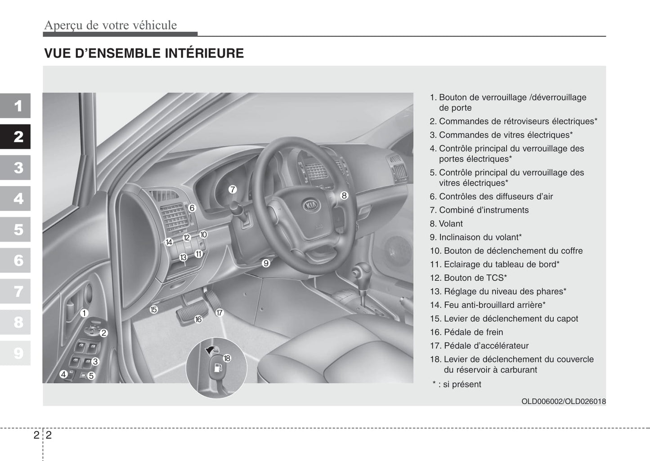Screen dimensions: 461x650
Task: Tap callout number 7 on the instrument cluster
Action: click(x=232, y=190)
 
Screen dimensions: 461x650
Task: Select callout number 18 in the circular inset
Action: click(x=227, y=358)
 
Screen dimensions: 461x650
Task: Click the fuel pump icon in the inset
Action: click(x=217, y=368)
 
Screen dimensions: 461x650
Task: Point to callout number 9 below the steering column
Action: click(x=266, y=263)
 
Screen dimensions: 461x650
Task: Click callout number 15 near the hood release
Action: click(x=154, y=310)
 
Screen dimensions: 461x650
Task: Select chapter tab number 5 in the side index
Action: click(x=18, y=230)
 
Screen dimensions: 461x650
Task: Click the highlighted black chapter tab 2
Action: click(x=18, y=137)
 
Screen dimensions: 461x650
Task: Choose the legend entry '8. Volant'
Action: click(x=446, y=224)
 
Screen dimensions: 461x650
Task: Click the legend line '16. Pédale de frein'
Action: click(x=466, y=332)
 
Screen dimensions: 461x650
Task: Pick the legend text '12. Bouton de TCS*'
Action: click(x=468, y=278)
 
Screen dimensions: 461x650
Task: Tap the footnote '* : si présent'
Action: click(x=457, y=384)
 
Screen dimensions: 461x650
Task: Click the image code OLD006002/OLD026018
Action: click(x=563, y=401)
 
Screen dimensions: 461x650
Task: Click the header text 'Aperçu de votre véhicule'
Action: click(x=111, y=25)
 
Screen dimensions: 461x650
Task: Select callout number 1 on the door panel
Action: click(x=84, y=313)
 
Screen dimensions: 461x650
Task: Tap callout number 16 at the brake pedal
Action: click(x=198, y=319)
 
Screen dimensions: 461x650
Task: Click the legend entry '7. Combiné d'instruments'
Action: click(x=479, y=210)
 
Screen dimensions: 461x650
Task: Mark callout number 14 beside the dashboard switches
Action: click(x=169, y=242)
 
